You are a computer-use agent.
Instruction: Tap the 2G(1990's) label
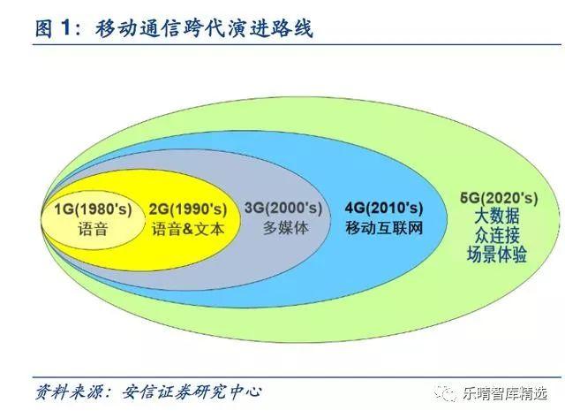pos(188,209)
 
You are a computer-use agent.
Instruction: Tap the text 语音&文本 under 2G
pos(188,228)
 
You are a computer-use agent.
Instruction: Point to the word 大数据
pos(496,217)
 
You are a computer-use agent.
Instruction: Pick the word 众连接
pos(496,235)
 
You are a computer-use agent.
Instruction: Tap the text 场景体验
pos(496,255)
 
